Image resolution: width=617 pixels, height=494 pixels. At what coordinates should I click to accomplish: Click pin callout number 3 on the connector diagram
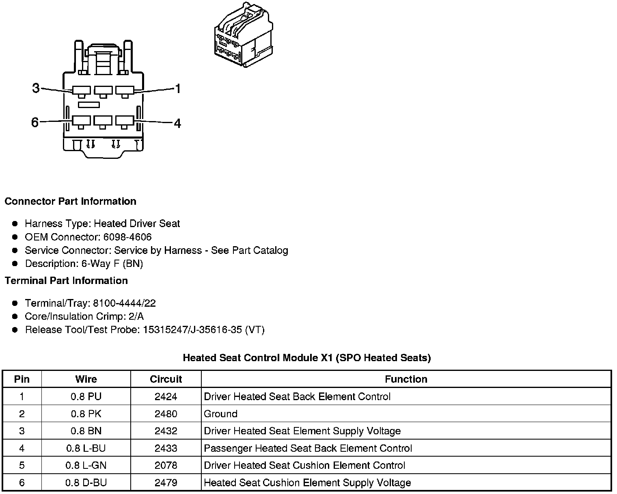[36, 88]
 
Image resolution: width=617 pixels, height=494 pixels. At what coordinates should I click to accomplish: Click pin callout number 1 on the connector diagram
[177, 89]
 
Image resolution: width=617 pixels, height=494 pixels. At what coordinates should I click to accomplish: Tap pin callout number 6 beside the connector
[35, 122]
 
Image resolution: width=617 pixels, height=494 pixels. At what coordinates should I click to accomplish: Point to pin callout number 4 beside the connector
[177, 123]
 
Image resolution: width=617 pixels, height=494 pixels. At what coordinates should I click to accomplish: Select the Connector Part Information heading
[70, 201]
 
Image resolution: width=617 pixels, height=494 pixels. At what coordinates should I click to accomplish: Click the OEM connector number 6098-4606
[127, 237]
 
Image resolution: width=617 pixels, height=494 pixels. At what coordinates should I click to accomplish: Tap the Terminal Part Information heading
[66, 281]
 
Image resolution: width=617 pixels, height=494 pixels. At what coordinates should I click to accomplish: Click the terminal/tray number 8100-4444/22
[124, 303]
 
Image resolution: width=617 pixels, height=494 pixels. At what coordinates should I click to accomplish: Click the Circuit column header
[166, 379]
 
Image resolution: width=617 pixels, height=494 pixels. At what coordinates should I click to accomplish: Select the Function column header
[406, 379]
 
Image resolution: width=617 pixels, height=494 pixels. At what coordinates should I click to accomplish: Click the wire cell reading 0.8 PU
[86, 396]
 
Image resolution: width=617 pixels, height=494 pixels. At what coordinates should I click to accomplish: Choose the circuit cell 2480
[166, 414]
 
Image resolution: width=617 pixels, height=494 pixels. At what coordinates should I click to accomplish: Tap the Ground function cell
[220, 414]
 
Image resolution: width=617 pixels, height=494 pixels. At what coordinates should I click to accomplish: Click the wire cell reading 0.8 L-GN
[86, 465]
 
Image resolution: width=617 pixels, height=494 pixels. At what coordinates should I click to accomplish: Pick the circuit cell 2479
[166, 483]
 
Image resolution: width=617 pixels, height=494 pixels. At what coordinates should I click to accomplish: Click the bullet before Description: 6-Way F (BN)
[15, 264]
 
